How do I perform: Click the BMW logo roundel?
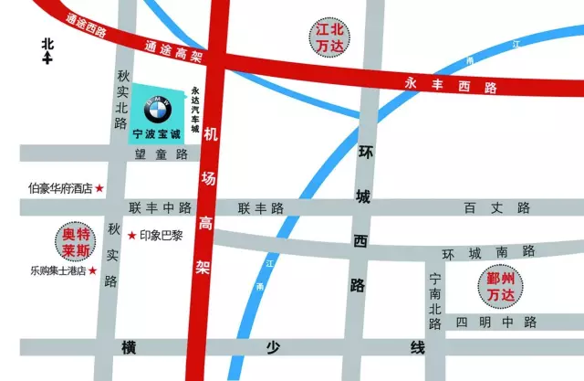(158, 112)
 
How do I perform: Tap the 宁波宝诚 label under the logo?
(158, 134)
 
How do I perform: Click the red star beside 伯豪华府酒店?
(100, 189)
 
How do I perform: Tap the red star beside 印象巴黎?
(132, 236)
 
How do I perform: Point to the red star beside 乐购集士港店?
(92, 270)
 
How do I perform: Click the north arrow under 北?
(47, 59)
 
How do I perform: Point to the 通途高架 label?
(172, 51)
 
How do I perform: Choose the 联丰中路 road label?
(161, 208)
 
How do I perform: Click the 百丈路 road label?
(496, 208)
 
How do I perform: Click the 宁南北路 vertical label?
(435, 296)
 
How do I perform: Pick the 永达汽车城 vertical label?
(195, 111)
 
